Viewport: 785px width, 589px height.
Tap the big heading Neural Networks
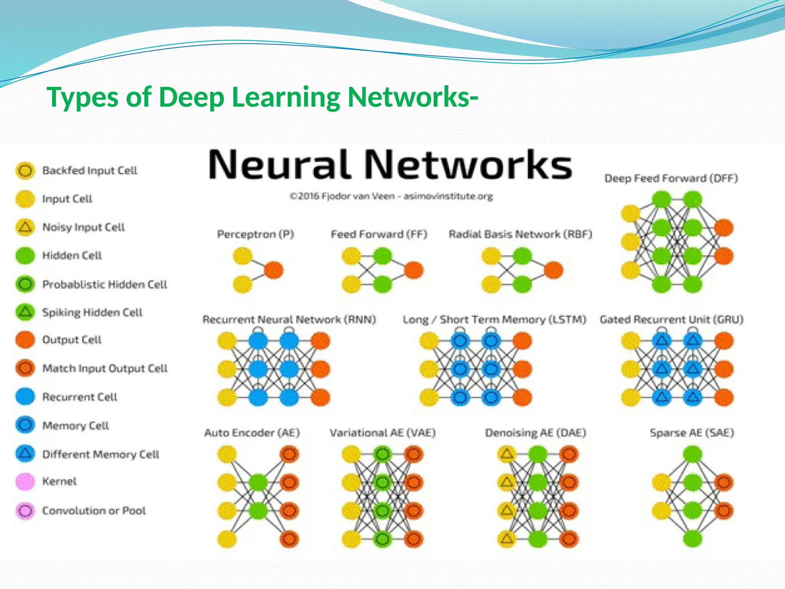(x=390, y=165)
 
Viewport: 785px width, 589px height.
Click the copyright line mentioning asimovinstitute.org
(x=391, y=196)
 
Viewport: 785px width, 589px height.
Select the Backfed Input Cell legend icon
(x=25, y=170)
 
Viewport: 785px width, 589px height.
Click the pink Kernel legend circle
(x=25, y=482)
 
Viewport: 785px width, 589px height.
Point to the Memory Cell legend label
(x=76, y=426)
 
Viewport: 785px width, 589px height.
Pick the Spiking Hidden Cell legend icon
(x=25, y=312)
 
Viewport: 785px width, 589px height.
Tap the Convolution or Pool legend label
(x=94, y=511)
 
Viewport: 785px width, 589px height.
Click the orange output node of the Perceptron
(x=274, y=270)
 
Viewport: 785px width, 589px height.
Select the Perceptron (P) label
(x=255, y=234)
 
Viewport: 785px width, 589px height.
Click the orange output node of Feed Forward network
(x=414, y=270)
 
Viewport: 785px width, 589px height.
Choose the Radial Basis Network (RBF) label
(x=520, y=234)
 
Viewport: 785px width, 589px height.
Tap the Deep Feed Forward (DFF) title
(x=671, y=178)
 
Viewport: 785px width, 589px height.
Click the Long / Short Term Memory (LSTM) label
(x=494, y=319)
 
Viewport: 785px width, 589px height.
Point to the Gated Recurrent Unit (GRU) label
(x=671, y=319)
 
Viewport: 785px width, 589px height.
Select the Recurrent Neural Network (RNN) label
(x=289, y=319)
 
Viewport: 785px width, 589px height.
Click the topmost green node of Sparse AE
(x=692, y=454)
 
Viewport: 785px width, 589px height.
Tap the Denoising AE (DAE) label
(x=535, y=433)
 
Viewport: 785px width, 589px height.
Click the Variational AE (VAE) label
(x=383, y=433)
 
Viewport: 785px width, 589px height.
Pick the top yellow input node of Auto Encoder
(x=227, y=454)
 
